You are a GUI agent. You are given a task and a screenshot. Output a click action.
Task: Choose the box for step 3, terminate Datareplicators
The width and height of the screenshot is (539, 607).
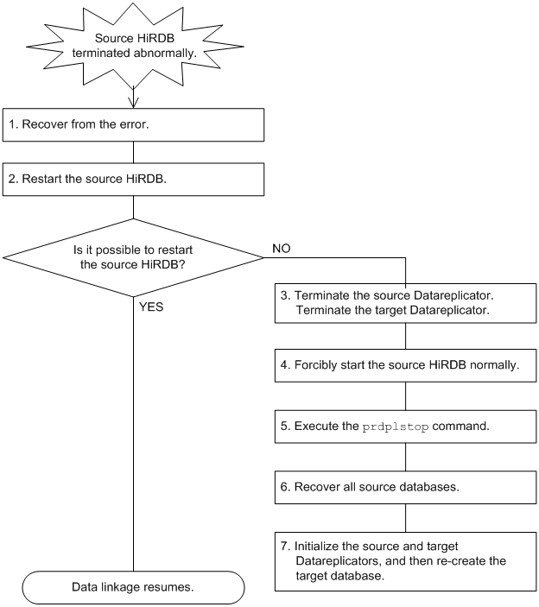(x=407, y=303)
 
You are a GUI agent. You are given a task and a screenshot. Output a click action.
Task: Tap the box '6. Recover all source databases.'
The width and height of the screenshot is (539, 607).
(x=407, y=487)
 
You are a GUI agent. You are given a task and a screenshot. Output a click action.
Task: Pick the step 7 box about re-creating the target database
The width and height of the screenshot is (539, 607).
(x=407, y=561)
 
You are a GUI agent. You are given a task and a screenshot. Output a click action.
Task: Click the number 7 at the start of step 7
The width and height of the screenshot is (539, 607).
(x=286, y=547)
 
